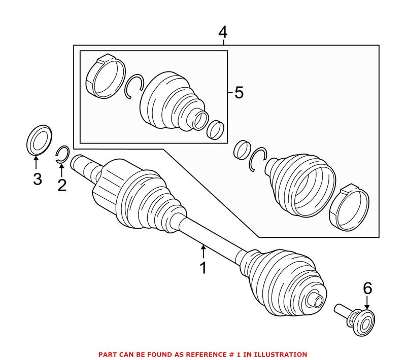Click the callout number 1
tap(203, 268)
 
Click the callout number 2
tap(61, 186)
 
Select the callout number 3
tap(37, 178)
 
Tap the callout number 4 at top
tap(223, 32)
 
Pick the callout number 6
tap(367, 289)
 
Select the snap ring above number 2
tap(62, 154)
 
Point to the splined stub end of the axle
tap(80, 164)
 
